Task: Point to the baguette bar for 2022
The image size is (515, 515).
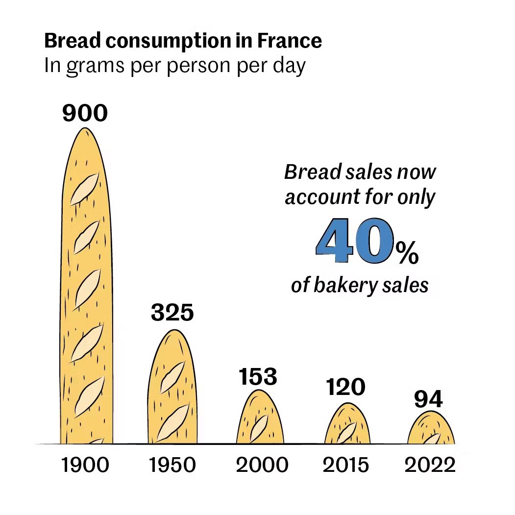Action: point(431,428)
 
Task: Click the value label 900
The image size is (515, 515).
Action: point(85,113)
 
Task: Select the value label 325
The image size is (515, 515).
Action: point(172,313)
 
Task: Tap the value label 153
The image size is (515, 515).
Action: point(258,377)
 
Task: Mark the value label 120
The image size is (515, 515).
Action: point(346,388)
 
